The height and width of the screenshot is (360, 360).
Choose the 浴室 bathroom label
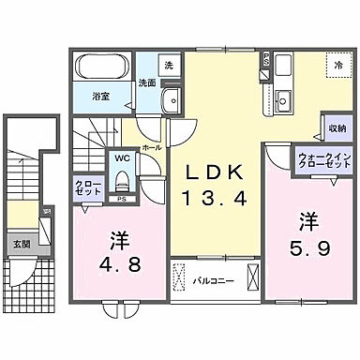pos(100,95)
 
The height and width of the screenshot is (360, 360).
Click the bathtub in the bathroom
pos(103,68)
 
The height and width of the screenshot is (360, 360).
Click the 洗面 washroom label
pos(147,82)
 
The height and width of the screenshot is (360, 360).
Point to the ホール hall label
pos(152,148)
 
